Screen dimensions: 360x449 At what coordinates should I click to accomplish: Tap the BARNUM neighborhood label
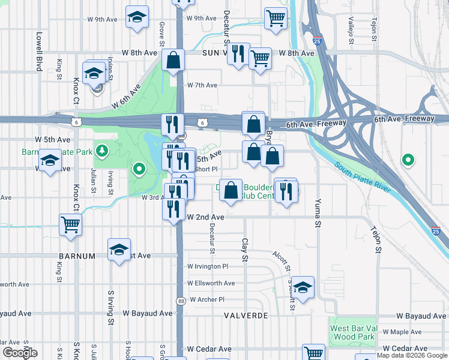77,256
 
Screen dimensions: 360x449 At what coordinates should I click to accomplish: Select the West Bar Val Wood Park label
352,332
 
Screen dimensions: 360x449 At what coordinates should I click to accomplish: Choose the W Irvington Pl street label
208,266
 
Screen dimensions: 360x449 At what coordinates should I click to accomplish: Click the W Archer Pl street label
206,299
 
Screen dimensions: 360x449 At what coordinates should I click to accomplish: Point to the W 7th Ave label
202,85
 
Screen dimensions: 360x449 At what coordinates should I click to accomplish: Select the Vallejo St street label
350,30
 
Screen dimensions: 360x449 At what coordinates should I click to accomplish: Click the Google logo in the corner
20,353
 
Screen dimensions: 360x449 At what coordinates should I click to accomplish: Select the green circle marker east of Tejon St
408,160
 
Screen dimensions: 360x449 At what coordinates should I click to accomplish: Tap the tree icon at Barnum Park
103,149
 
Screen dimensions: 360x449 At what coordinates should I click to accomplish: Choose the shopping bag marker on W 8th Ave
173,61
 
